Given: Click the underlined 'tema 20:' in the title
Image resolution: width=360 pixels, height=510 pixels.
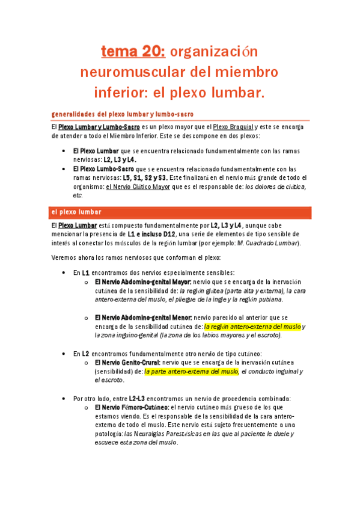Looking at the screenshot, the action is point(133,52).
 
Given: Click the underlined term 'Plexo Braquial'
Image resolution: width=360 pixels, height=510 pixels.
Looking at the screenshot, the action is point(233,127).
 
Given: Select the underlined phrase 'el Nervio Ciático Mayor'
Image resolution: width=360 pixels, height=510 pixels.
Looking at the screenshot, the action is point(138,186).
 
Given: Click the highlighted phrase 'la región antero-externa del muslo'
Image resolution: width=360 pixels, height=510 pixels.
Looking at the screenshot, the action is point(252,326).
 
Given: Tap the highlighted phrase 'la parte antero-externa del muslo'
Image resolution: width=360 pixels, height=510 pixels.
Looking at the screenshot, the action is point(191,371).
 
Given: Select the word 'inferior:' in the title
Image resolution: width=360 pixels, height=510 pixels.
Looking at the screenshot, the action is point(119,93).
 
